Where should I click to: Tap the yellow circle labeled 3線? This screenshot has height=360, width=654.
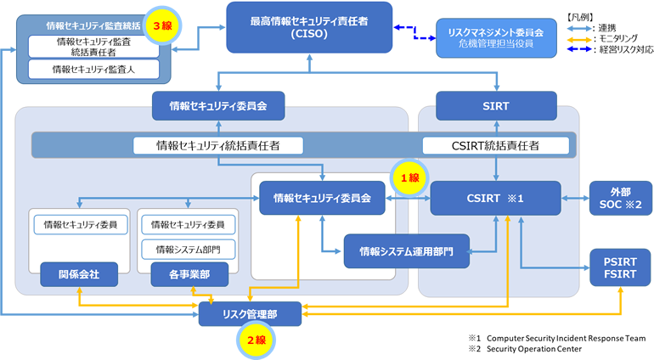[161, 25]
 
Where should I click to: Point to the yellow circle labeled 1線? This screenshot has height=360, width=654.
[405, 177]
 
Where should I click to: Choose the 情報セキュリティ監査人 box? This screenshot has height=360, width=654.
[85, 68]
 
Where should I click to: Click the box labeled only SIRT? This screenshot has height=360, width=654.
[495, 106]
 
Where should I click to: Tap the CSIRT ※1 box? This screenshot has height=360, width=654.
[495, 199]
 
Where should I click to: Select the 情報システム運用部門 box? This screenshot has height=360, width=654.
[406, 251]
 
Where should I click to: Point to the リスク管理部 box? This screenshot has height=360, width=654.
[249, 314]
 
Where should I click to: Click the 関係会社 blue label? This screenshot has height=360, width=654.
[77, 274]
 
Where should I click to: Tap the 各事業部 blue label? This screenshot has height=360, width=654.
[186, 274]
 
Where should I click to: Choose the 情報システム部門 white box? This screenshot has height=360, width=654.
[188, 250]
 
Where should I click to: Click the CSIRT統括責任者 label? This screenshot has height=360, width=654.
[495, 145]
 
